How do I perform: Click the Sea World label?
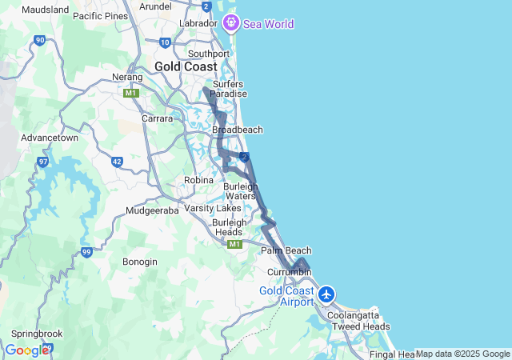(269, 24)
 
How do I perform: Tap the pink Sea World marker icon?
(230, 23)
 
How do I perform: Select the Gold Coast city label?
(186, 66)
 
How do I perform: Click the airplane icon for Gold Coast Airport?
(326, 294)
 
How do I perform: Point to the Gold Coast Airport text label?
(286, 296)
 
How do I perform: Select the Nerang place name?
(127, 77)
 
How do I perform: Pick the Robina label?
(198, 180)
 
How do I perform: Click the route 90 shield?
(40, 39)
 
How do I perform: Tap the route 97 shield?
(43, 162)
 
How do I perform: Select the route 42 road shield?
(117, 162)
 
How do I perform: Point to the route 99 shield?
(87, 252)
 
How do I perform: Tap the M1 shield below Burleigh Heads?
(234, 244)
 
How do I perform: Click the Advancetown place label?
(50, 138)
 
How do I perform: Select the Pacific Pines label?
(100, 15)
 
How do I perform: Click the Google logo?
(26, 350)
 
